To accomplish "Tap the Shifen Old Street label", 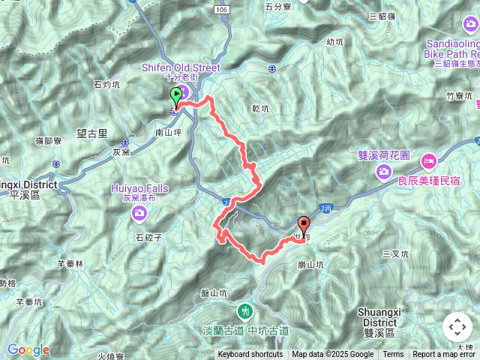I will coord(181,67).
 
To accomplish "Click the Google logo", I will coord(28,349).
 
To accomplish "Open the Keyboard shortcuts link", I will coord(250,355).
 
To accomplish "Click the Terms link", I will coord(393,355).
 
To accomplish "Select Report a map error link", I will coord(445,355).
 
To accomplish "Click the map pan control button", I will coord(457,327).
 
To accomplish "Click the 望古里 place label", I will coord(92,132).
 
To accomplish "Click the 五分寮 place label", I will coord(277,6).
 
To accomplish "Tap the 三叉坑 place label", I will coord(395,254).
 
